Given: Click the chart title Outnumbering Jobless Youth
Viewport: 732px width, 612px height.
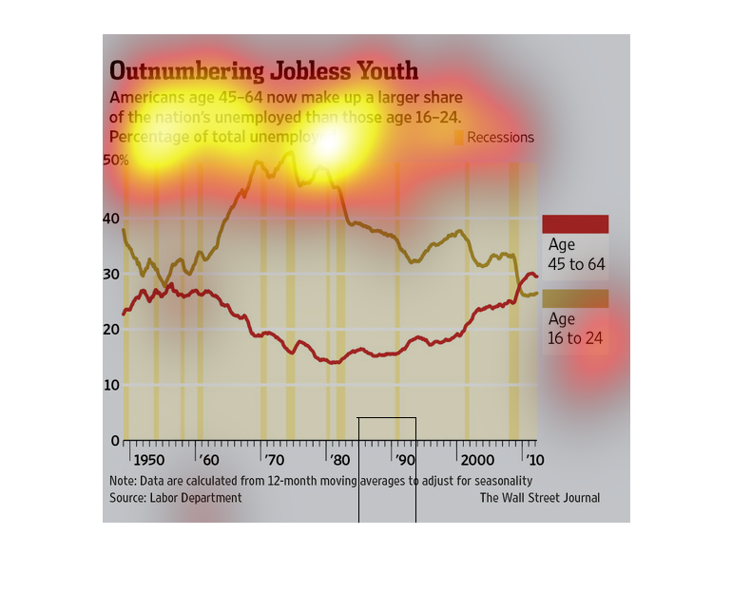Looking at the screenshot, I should point(263,72).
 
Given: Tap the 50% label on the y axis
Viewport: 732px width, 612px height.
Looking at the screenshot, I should point(115,161).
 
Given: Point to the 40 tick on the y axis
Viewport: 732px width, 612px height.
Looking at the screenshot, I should point(113,219).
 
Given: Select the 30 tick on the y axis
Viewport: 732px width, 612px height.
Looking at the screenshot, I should point(113,275).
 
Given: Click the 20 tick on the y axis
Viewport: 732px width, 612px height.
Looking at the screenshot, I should point(113,330).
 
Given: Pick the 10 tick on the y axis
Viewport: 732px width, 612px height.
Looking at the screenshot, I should point(113,385).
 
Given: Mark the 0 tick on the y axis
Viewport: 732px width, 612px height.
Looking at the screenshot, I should point(117,440).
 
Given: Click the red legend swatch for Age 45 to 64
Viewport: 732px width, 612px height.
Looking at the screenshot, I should point(575,224).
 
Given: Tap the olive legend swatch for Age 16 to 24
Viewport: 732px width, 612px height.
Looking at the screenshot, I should point(575,298).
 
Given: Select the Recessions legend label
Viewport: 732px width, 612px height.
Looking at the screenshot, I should point(500,138).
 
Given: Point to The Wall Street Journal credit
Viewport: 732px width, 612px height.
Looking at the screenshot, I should point(539,498).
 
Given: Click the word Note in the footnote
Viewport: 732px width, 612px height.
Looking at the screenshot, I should point(122,481).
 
